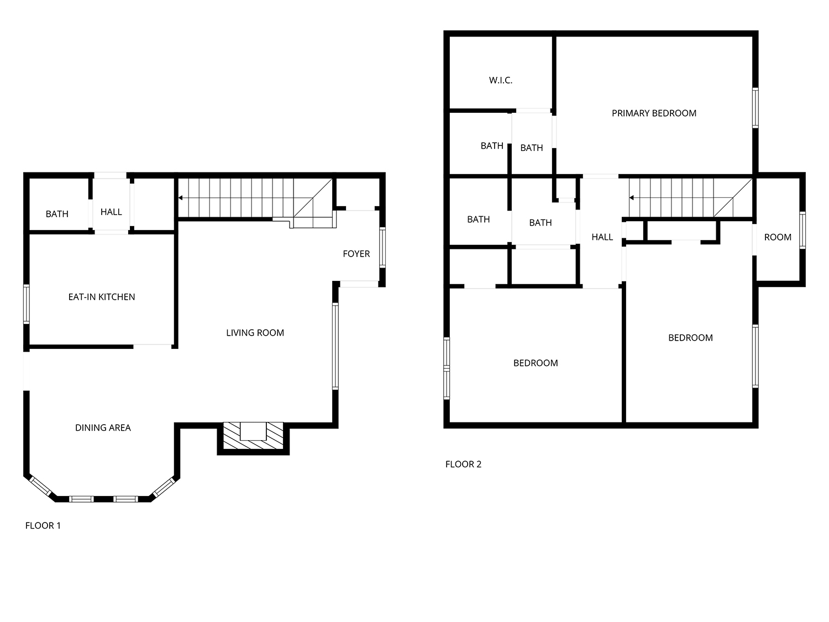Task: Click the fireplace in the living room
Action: point(253,436)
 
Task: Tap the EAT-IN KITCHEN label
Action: point(102,297)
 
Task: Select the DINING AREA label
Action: point(103,427)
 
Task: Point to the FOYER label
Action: point(356,254)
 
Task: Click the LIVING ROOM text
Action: point(255,333)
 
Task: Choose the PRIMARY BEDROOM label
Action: point(654,113)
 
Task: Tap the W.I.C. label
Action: point(500,80)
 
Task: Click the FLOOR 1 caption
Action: point(43,525)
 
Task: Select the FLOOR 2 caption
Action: point(463,464)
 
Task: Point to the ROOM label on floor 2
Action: point(777,237)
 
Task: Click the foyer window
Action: point(382,247)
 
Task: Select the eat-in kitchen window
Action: point(27,304)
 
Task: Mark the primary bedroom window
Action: point(755,108)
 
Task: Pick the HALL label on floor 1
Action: point(111,212)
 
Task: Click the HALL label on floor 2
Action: point(602,237)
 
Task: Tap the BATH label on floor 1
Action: point(57,214)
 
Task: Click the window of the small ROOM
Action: point(802,230)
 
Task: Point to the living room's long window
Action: point(335,346)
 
